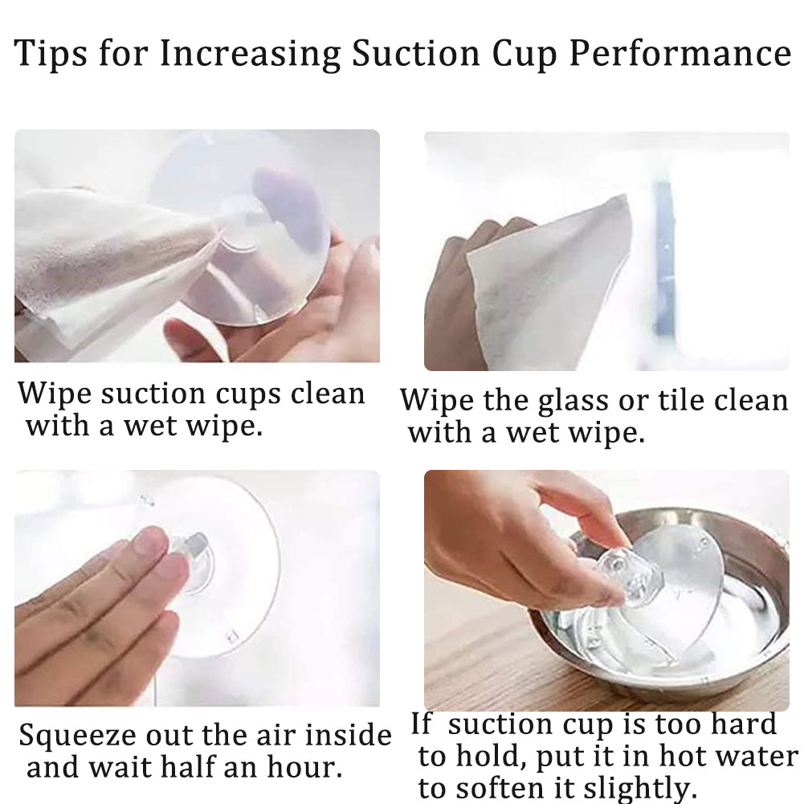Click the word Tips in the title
(51, 53)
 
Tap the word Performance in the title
(680, 54)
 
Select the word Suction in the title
(415, 53)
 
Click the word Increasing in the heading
(250, 54)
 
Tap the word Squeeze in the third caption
(77, 737)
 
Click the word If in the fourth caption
(422, 724)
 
